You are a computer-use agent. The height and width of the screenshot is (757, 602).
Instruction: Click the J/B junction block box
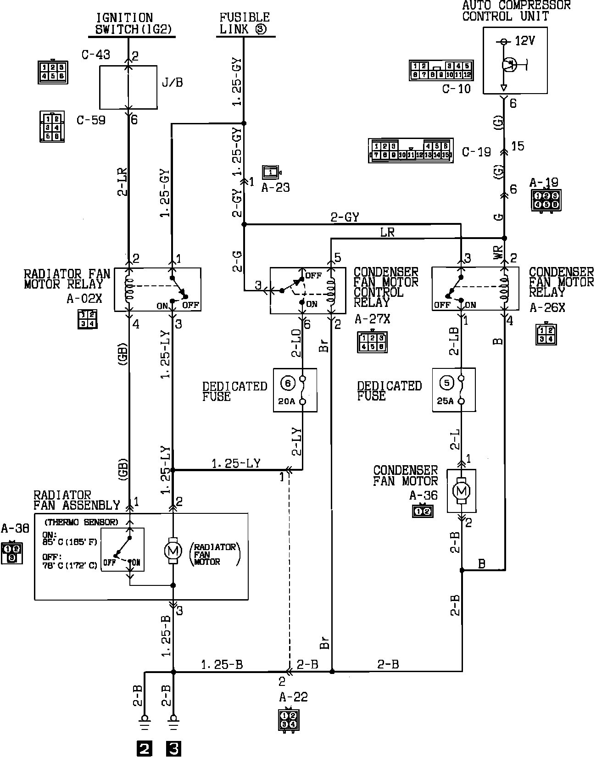(128, 87)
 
